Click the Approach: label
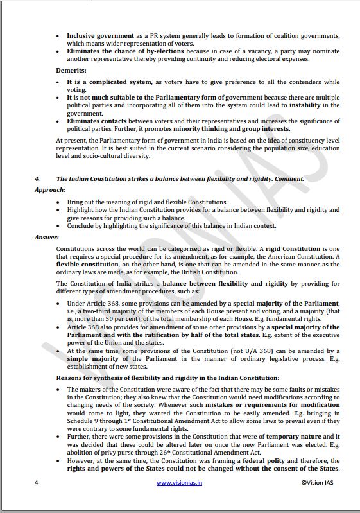[50, 191]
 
